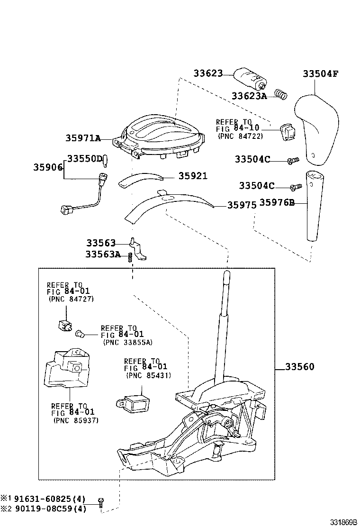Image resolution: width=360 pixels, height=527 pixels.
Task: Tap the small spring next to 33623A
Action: pyautogui.click(x=281, y=95)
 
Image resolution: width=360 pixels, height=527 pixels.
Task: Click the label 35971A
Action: pyautogui.click(x=83, y=138)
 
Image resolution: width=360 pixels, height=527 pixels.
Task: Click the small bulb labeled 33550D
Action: pyautogui.click(x=107, y=161)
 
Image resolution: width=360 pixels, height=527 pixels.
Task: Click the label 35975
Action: pyautogui.click(x=242, y=205)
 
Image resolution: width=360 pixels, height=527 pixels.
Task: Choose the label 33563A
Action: pyautogui.click(x=103, y=254)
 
